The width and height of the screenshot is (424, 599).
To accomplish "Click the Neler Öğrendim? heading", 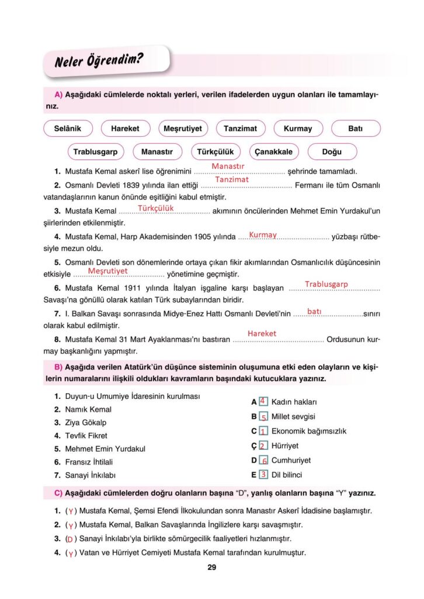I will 99,60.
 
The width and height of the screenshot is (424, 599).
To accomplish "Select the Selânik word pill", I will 68,129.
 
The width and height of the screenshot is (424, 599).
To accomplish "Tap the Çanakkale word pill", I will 273,152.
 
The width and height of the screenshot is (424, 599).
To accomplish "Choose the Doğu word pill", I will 332,152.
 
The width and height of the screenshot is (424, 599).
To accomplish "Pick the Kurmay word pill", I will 298,129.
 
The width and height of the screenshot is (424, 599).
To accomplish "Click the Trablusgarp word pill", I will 95,152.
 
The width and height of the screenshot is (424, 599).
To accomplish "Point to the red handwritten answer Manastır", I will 228,167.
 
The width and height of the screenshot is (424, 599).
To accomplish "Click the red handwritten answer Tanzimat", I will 232,180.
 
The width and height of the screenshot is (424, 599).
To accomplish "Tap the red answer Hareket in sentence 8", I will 262,333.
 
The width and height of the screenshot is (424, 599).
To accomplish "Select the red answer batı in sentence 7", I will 314,312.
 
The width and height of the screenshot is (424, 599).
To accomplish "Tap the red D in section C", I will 70,539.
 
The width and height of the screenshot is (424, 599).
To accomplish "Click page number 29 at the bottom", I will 212,567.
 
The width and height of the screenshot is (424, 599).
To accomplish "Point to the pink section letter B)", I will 58,367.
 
